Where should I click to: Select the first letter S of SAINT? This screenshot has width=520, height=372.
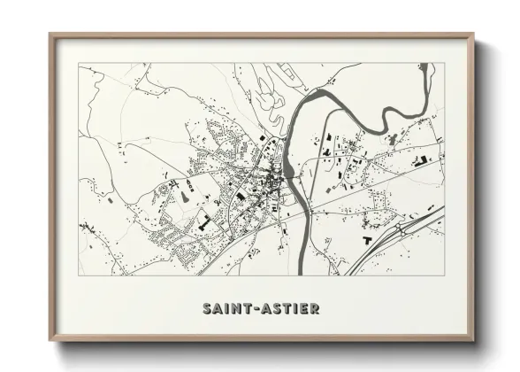point(206,309)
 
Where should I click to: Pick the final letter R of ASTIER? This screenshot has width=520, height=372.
point(316,309)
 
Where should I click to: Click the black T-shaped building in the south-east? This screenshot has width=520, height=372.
point(366,239)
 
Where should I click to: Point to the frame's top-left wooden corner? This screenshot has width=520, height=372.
point(51,36)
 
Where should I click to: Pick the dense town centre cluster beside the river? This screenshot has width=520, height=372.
point(265,186)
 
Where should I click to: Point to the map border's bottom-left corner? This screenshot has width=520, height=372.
point(79,275)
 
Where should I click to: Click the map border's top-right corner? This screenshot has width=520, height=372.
point(444,63)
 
